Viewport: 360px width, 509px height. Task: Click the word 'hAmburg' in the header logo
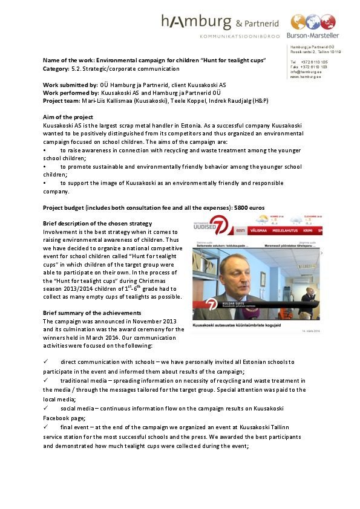[x=195, y=22]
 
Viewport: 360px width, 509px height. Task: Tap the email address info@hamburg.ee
[x=306, y=72]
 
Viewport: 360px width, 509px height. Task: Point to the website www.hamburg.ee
[x=306, y=77]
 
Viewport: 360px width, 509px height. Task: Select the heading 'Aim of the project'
[x=68, y=117]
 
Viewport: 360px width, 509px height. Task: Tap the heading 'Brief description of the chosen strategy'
[x=97, y=224]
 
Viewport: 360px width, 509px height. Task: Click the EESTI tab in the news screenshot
[x=241, y=230]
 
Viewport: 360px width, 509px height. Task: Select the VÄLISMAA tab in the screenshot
[x=264, y=230]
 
